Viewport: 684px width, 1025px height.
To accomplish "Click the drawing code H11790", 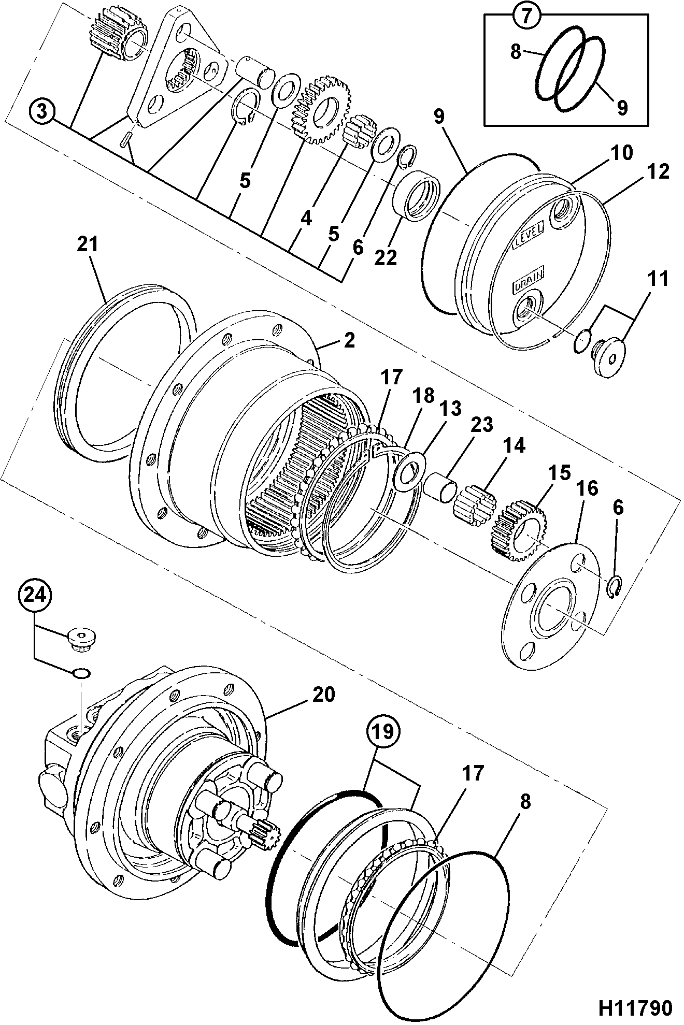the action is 636,1007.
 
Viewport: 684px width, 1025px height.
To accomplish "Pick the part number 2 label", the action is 349,340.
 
